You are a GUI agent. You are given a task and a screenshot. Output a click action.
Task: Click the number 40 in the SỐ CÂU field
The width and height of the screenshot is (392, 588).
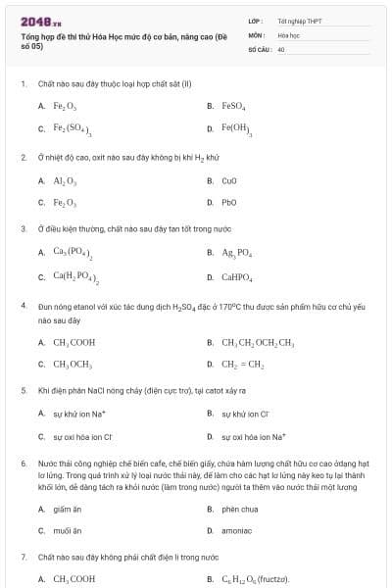[x=281, y=48]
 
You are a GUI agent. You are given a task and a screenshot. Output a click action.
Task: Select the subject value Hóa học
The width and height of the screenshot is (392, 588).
[x=288, y=34]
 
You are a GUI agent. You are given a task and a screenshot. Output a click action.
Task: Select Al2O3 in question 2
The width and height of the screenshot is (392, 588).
[x=65, y=180]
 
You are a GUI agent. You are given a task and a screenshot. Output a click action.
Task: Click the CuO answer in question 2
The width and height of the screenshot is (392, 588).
[x=230, y=180]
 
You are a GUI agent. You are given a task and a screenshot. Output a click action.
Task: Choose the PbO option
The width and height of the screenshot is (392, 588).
[x=230, y=203]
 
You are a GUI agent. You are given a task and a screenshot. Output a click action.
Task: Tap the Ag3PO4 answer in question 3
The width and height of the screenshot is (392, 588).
[x=238, y=252]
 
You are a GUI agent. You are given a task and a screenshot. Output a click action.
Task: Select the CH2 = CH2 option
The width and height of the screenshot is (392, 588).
[x=243, y=365]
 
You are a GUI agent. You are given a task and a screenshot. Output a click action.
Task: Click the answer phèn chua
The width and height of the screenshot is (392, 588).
[x=239, y=509]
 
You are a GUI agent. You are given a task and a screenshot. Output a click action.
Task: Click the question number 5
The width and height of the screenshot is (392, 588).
[x=24, y=390]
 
